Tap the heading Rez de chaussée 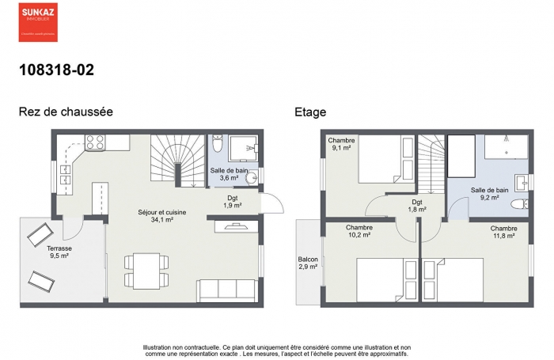tap(66, 112)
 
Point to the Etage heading tap(310, 112)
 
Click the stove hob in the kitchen tap(96, 142)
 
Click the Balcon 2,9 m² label tap(308, 263)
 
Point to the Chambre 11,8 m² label tap(503, 233)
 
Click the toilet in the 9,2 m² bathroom tap(518, 204)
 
